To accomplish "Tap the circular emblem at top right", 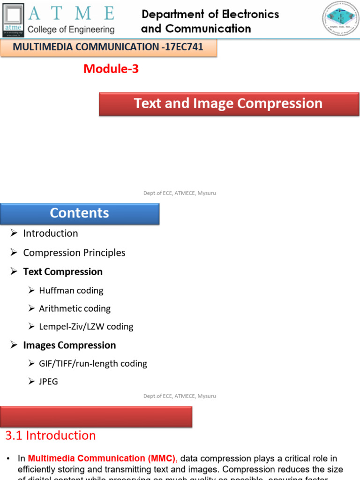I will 340,19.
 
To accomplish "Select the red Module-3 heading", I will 111,69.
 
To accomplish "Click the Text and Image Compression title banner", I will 229,104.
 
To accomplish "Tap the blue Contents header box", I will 80,213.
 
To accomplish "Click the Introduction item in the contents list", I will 51,233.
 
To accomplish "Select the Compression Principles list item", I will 74,253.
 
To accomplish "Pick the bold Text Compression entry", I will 63,272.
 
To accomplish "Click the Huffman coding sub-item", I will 71,291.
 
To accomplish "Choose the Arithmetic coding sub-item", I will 75,308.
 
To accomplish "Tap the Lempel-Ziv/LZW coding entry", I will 86,327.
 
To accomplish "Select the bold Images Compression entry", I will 69,345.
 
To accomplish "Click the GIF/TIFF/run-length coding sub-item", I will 93,364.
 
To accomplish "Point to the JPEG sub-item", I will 49,382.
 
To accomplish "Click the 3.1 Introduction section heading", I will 51,435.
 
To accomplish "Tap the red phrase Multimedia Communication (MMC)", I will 101,458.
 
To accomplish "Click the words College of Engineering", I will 71,30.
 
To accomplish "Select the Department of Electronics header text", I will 210,15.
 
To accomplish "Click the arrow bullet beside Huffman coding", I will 31,291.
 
